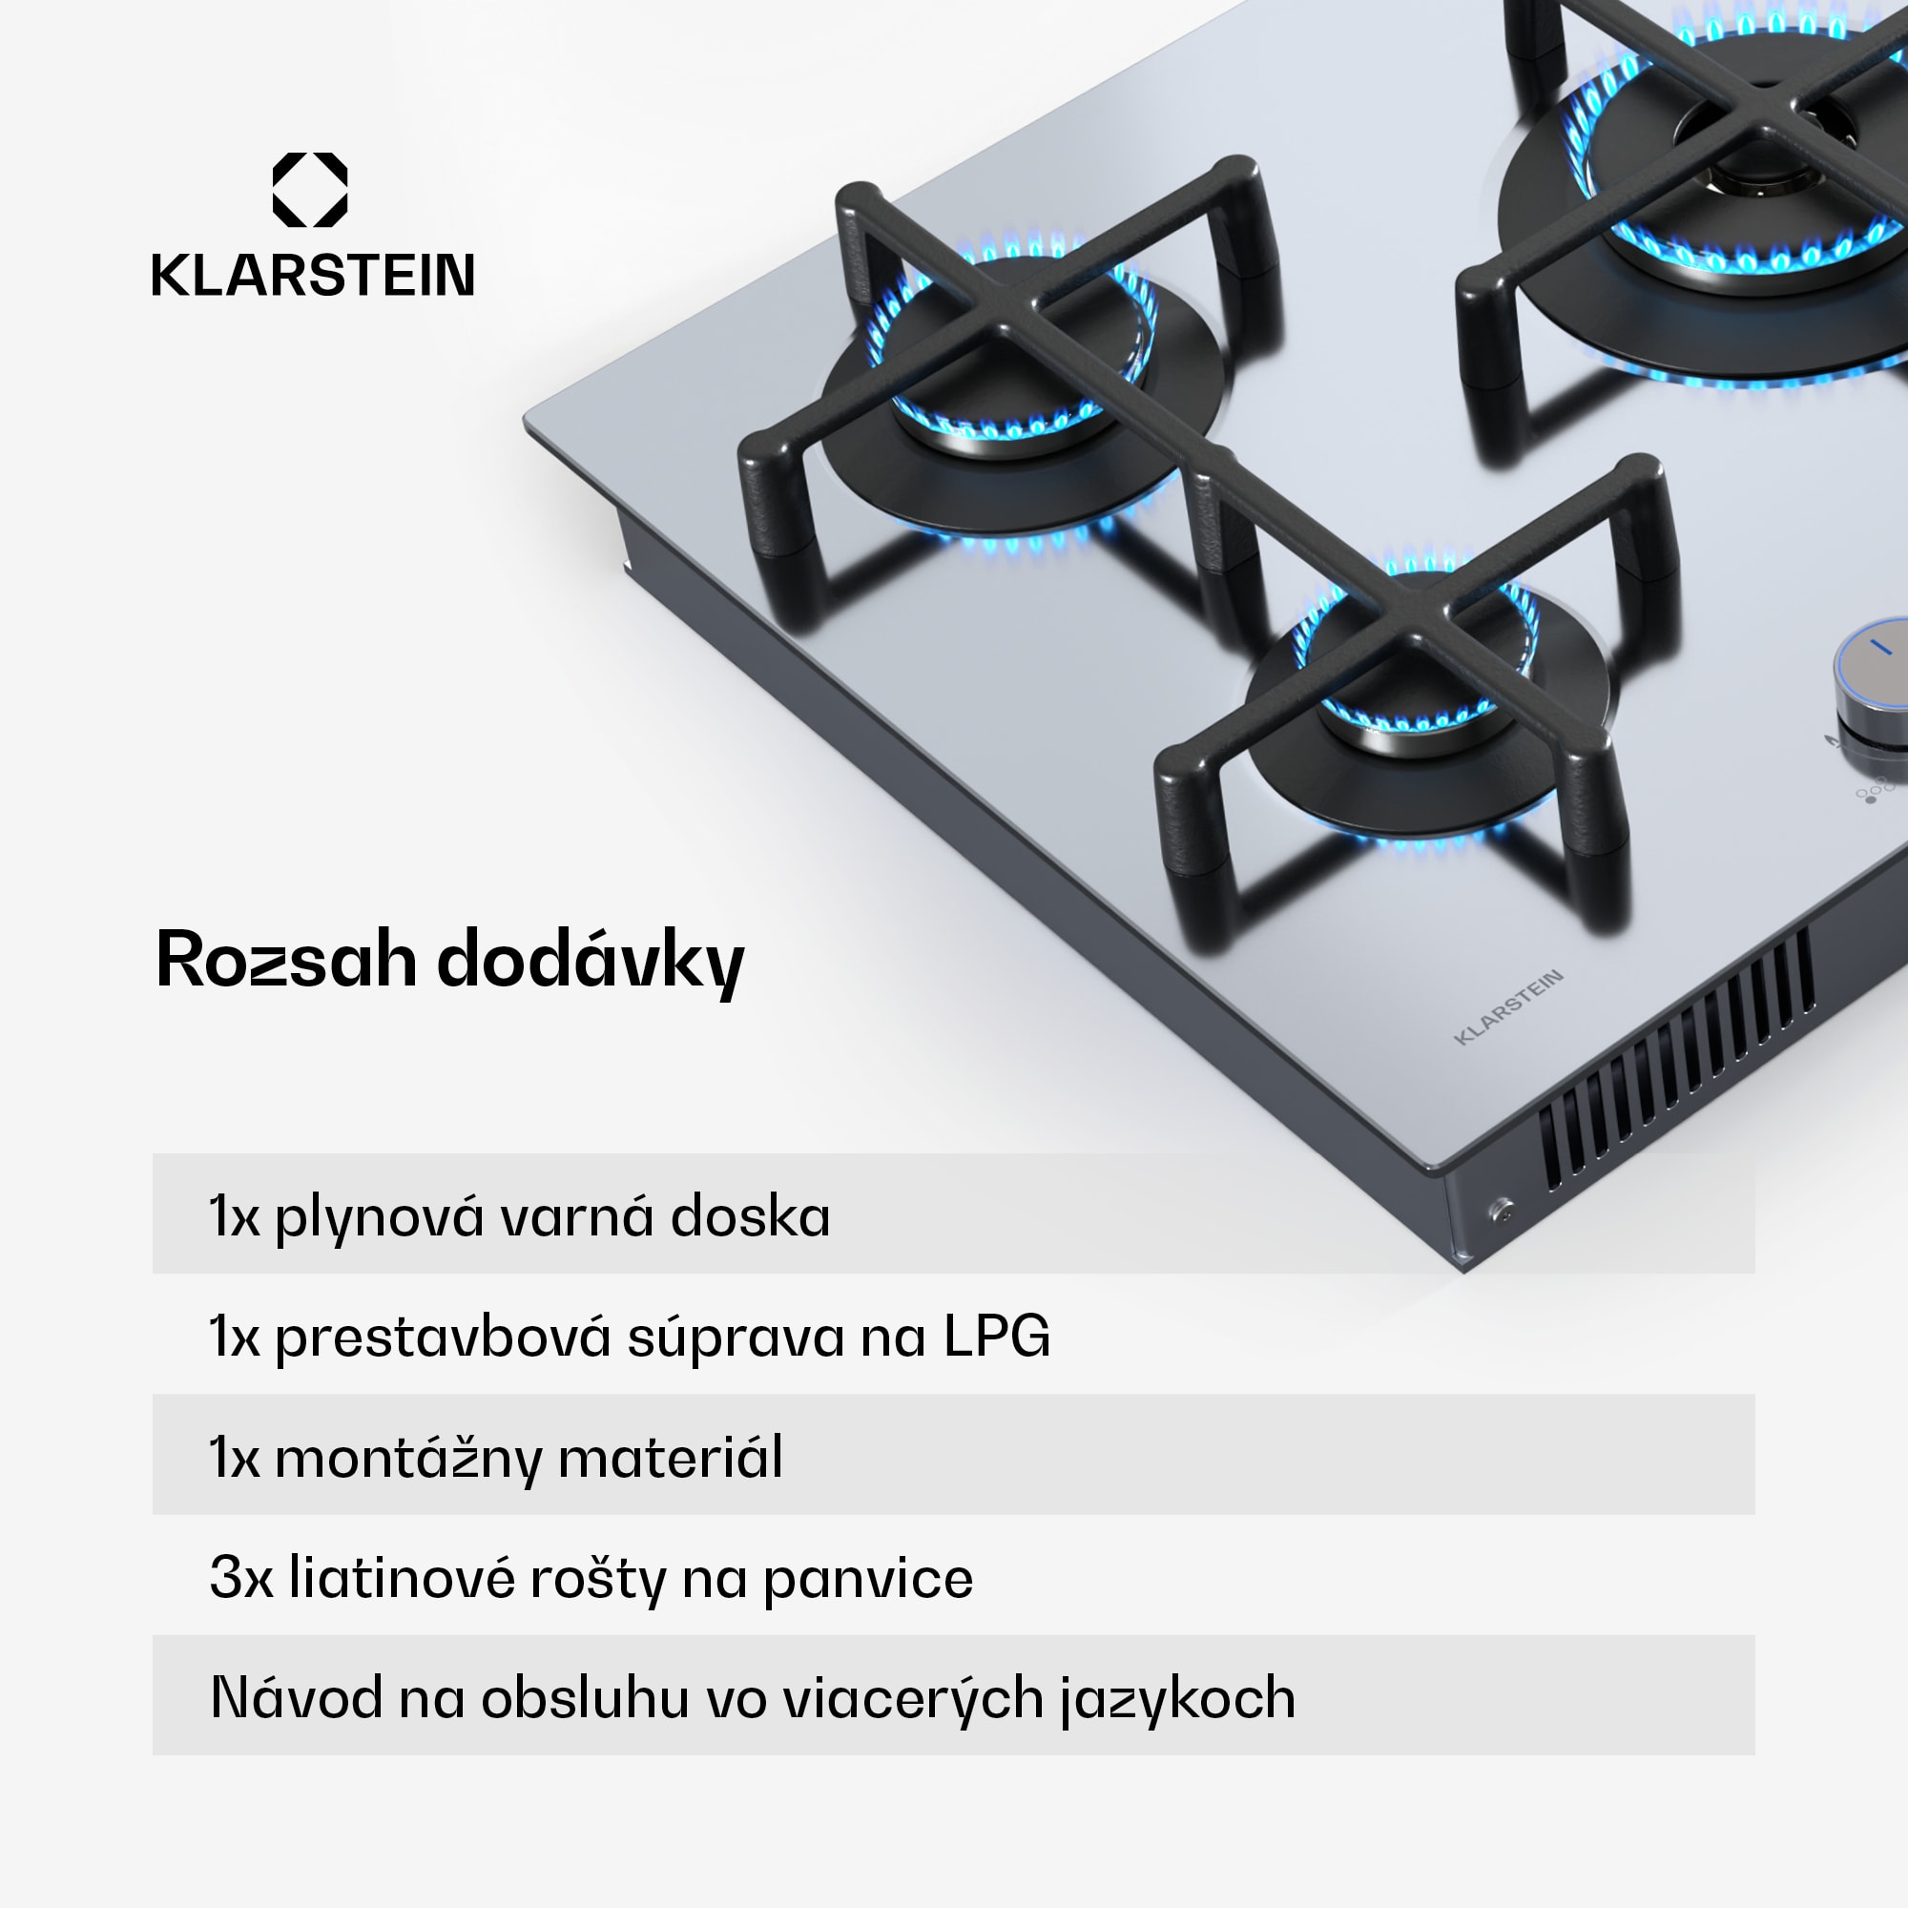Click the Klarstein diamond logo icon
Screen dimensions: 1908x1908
point(310,190)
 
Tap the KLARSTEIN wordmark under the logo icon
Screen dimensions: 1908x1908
point(313,276)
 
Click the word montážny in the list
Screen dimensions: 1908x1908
point(408,1459)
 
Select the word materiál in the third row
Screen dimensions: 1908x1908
point(671,1458)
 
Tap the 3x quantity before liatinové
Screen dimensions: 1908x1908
point(241,1577)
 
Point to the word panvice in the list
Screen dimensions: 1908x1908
point(868,1580)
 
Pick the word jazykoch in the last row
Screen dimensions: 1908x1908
point(1178,1700)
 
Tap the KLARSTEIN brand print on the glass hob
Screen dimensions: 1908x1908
point(1509,1006)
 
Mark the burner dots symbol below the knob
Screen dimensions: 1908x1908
point(1874,789)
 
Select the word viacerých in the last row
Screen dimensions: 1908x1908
point(914,1700)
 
